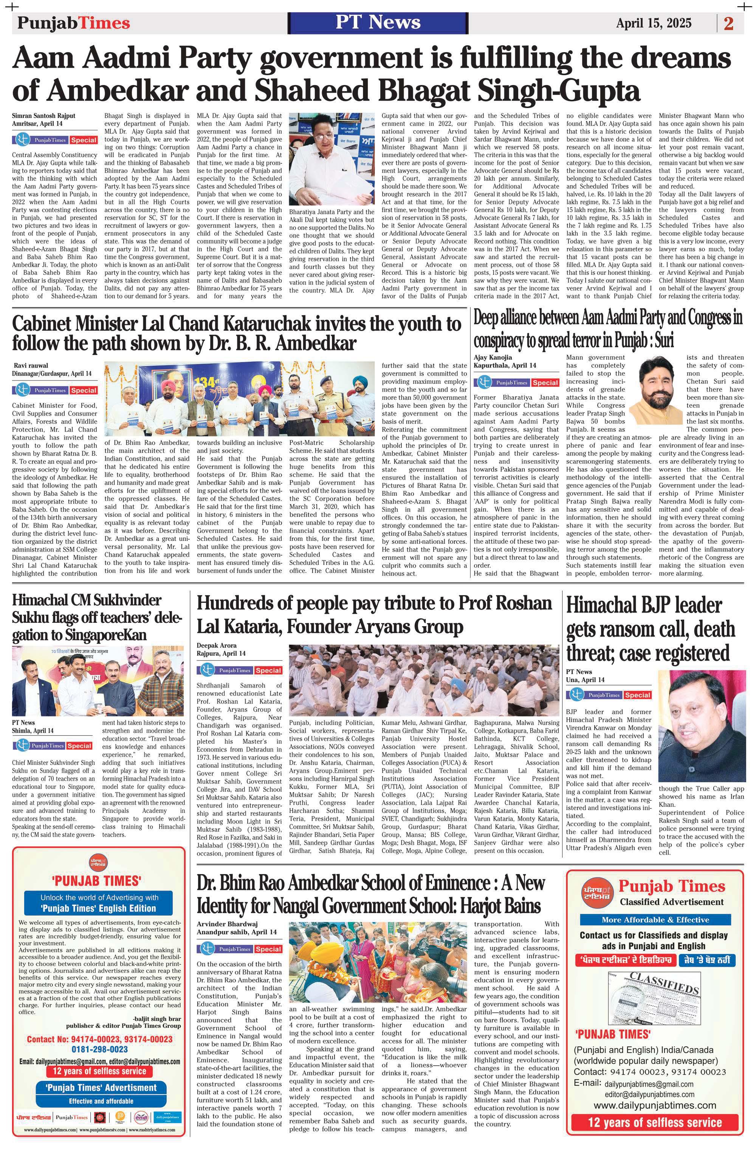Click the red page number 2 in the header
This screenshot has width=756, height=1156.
pos(728,23)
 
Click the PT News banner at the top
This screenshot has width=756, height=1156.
pos(378,23)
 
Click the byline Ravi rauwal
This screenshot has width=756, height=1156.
pos(31,365)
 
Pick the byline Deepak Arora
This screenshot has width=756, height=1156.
pos(217,645)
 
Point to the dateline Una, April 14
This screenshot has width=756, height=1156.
pos(586,679)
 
